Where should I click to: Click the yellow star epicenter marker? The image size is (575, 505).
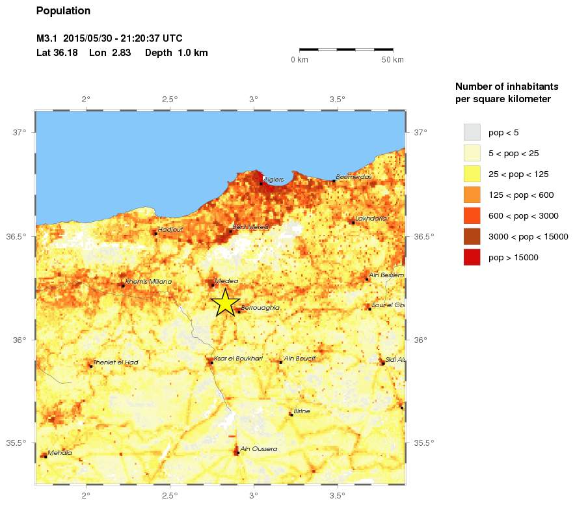click(x=225, y=303)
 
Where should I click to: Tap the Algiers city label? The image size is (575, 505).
click(x=274, y=178)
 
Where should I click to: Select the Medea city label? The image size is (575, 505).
click(x=227, y=281)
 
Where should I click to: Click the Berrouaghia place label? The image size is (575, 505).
click(x=260, y=308)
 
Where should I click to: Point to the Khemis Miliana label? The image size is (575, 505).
click(x=148, y=282)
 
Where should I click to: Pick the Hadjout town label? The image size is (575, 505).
click(x=170, y=229)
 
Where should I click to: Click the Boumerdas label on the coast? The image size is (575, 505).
click(x=354, y=177)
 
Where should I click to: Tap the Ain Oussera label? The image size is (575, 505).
click(x=259, y=449)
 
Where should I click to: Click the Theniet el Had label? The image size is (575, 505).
click(x=116, y=362)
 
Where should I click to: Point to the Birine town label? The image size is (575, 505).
click(x=302, y=411)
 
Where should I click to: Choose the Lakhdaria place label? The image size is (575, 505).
click(x=371, y=219)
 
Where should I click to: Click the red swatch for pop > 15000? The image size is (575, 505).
click(x=472, y=258)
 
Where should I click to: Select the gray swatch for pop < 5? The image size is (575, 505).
click(x=472, y=133)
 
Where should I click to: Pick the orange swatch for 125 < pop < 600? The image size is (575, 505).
click(x=472, y=195)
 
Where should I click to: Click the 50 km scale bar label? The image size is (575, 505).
click(x=392, y=60)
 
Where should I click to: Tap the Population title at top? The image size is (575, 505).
click(x=63, y=11)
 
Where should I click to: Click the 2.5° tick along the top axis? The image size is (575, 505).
click(x=170, y=100)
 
